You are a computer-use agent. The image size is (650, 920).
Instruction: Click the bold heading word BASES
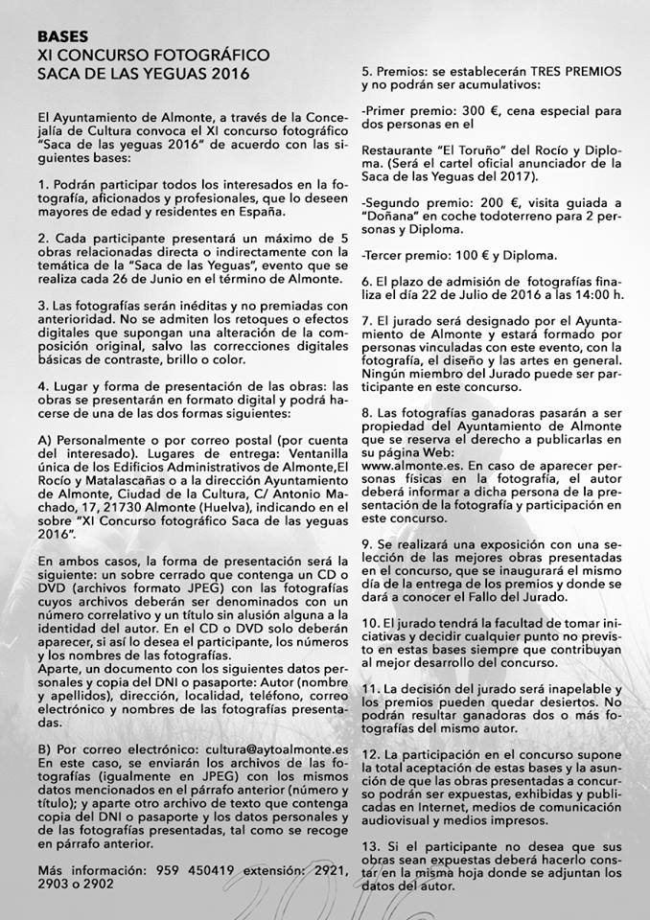63,35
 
